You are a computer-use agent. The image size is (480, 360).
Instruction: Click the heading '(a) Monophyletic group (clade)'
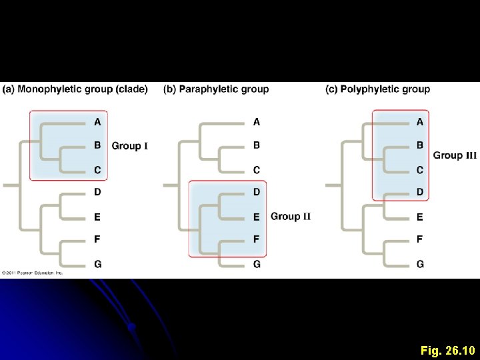[75, 89]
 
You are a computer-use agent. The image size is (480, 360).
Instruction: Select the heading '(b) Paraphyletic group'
[216, 89]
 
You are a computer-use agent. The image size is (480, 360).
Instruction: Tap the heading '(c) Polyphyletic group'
[377, 89]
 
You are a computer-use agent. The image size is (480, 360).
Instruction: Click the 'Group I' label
[130, 145]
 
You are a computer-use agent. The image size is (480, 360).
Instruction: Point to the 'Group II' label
[291, 216]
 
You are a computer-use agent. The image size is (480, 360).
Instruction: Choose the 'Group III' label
[455, 155]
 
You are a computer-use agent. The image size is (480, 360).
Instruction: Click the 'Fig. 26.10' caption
[447, 349]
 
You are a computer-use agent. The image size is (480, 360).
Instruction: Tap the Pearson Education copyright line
[32, 273]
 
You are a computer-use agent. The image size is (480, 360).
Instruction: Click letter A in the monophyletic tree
[97, 122]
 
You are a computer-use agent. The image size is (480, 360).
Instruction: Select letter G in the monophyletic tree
[97, 264]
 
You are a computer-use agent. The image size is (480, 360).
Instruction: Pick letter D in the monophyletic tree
[97, 192]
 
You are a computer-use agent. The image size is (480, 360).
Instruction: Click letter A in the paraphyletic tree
[257, 122]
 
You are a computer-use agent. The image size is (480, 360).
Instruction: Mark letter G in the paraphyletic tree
[257, 264]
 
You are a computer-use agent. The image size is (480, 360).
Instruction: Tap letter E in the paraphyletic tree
[257, 217]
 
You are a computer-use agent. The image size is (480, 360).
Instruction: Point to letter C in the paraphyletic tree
[257, 170]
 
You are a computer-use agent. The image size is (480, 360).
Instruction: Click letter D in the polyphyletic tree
[420, 192]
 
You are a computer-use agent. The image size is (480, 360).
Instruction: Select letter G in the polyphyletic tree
[420, 264]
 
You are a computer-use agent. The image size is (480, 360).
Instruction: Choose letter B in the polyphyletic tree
[420, 145]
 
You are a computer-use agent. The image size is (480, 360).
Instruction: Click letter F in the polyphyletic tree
[420, 239]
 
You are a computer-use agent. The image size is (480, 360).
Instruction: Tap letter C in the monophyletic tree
[97, 170]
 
